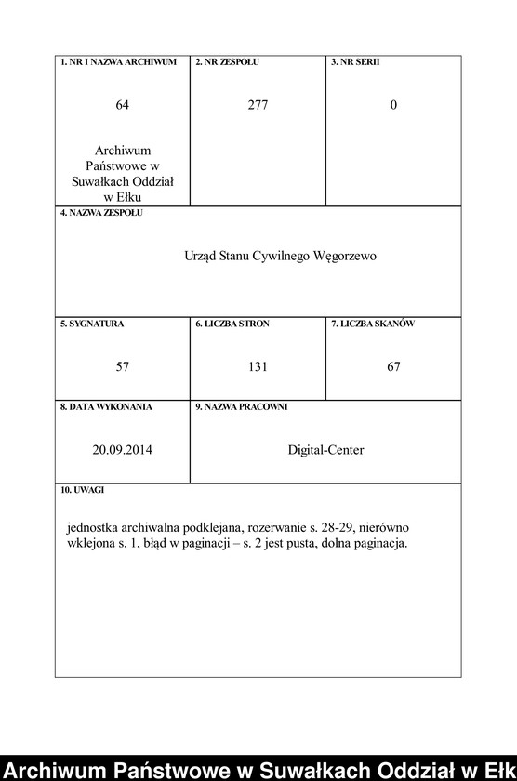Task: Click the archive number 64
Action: [122, 105]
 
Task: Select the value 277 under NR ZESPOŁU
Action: [258, 105]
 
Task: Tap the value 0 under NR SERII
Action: [393, 105]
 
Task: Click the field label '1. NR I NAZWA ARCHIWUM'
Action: [118, 62]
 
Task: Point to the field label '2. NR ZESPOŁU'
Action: [227, 62]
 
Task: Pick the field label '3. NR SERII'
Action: [355, 62]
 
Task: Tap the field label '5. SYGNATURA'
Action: [92, 324]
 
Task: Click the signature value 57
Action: [122, 367]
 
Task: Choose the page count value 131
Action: [258, 367]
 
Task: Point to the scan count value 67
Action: [393, 367]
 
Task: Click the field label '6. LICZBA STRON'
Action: [232, 324]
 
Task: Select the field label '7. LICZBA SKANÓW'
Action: [372, 324]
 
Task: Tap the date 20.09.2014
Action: [122, 450]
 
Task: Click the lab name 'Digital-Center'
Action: [325, 450]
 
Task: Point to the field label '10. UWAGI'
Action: [82, 489]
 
